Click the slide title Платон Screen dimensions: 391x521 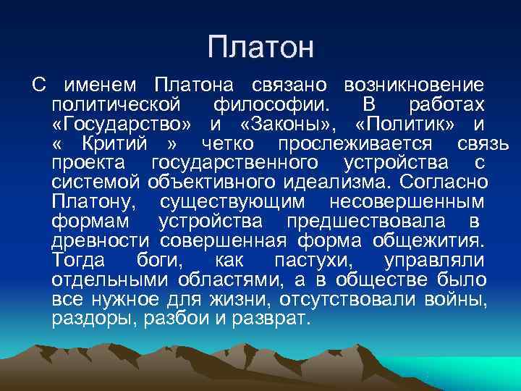260,48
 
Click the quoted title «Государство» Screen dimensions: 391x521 123,125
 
